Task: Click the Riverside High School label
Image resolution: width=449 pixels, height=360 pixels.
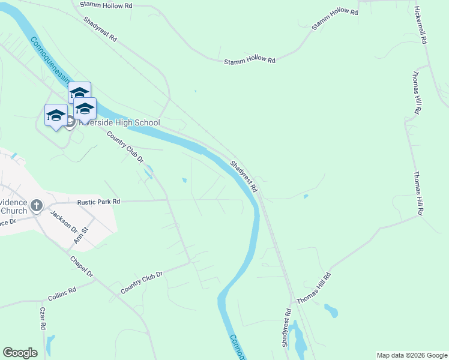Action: pyautogui.click(x=118, y=123)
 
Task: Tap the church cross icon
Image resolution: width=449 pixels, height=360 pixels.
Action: pyautogui.click(x=36, y=206)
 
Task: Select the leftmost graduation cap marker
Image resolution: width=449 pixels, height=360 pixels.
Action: pyautogui.click(x=56, y=115)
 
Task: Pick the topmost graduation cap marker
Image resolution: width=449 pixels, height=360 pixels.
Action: pyautogui.click(x=79, y=93)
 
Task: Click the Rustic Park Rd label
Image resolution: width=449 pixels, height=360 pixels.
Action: pyautogui.click(x=98, y=202)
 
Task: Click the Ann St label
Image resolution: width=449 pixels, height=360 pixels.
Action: pyautogui.click(x=80, y=234)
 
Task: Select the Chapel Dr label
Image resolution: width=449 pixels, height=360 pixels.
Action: pyautogui.click(x=82, y=266)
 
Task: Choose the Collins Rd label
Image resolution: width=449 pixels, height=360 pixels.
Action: pyautogui.click(x=62, y=294)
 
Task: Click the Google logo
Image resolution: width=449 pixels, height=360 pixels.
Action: pyautogui.click(x=20, y=353)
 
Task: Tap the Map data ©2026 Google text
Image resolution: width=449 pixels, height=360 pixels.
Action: pyautogui.click(x=412, y=355)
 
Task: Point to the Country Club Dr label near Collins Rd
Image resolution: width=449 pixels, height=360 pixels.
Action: pyautogui.click(x=142, y=283)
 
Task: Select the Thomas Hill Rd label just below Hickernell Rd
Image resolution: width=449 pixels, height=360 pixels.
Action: pyautogui.click(x=416, y=93)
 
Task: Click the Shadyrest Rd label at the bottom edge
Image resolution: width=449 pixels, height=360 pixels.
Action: pyautogui.click(x=287, y=328)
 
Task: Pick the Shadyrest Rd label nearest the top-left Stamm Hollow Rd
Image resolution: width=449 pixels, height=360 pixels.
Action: pyautogui.click(x=100, y=28)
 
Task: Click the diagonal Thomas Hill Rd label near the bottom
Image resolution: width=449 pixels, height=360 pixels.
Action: pyautogui.click(x=313, y=289)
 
